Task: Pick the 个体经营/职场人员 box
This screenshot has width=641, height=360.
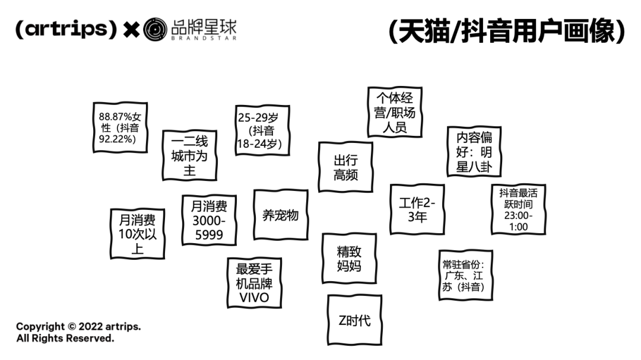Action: tap(394, 112)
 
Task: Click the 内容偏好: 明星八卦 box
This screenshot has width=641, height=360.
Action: tap(474, 152)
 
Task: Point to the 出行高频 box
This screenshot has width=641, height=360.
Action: tap(345, 167)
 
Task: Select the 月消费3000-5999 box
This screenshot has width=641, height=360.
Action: tap(209, 220)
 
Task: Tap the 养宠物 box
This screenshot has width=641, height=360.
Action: tap(280, 215)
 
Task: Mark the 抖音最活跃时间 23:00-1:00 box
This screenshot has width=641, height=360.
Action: tap(518, 209)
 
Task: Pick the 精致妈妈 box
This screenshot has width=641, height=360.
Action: tap(349, 259)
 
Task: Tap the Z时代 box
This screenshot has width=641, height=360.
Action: tap(354, 320)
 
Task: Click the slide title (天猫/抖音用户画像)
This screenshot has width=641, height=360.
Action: tap(507, 31)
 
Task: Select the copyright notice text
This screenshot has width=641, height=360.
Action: tap(78, 332)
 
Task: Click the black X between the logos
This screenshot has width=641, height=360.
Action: tap(131, 30)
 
